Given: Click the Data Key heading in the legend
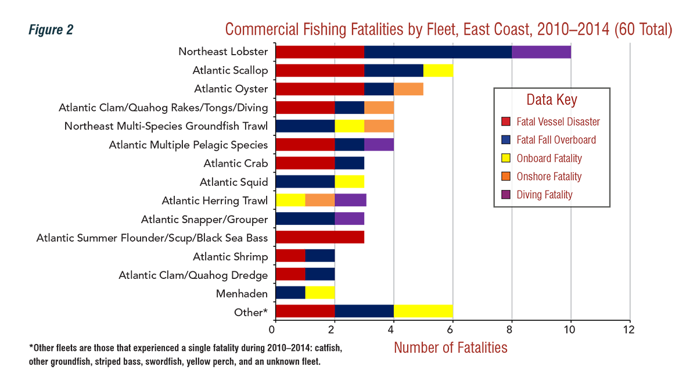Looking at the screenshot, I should point(551,99).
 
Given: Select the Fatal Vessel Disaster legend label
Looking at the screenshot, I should point(558,122).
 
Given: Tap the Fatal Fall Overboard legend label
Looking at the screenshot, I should point(556,140).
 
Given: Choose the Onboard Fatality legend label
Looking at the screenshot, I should point(549,158).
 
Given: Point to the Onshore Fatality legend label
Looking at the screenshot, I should point(549,177).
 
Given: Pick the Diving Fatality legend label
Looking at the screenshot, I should point(544,195).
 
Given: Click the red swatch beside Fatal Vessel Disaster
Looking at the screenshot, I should point(506,122).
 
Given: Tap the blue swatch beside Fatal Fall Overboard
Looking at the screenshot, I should point(506,140).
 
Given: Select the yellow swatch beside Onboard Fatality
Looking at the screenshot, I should point(506,158).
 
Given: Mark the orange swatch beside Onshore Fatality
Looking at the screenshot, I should point(506,177).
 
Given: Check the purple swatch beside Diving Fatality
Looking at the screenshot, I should point(506,195).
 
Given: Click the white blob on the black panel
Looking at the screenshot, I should point(104,173).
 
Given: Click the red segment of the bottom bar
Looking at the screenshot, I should point(306,310).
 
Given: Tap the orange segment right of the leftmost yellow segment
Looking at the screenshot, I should point(319,200).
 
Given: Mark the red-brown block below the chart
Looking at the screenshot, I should point(453,353).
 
